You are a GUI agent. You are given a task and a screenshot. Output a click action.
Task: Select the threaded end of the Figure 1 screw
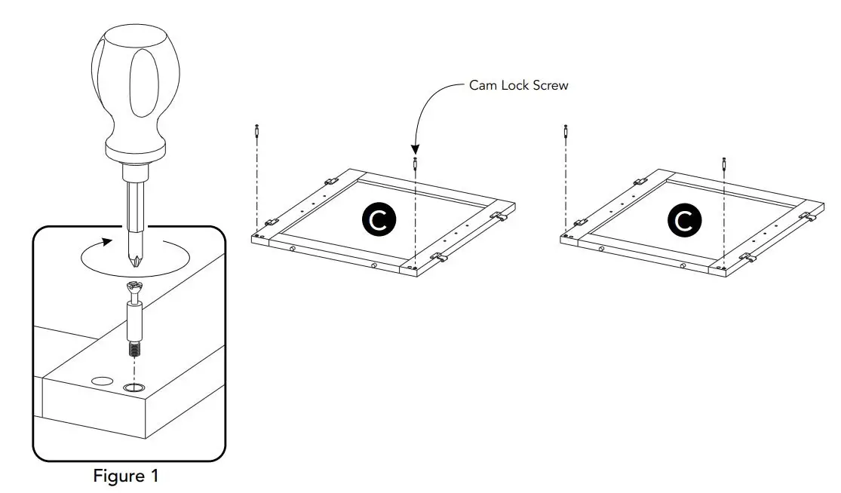[x=134, y=351]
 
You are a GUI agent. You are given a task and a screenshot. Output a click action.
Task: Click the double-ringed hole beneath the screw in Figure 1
[x=134, y=388]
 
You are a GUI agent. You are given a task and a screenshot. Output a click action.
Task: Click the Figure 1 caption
[x=126, y=476]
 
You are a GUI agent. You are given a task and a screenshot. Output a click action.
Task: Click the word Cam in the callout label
[x=483, y=85]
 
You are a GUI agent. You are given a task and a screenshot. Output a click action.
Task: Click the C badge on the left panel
[x=377, y=219]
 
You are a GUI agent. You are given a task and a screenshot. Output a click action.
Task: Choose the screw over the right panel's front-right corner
[x=724, y=163]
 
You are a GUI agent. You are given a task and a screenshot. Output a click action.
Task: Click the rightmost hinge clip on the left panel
[x=498, y=216]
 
